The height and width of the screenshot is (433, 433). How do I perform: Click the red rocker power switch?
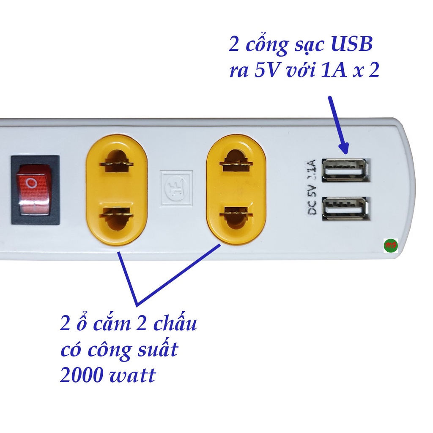pyautogui.click(x=33, y=190)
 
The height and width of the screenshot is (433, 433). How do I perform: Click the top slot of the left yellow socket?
pyautogui.click(x=117, y=163)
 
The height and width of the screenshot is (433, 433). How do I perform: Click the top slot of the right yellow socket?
pyautogui.click(x=236, y=162)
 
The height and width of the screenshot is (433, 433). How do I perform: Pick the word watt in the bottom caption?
pyautogui.click(x=134, y=375)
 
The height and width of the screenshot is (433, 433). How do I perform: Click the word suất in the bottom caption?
pyautogui.click(x=153, y=351)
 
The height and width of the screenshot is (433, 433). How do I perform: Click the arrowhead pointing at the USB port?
pyautogui.click(x=343, y=147)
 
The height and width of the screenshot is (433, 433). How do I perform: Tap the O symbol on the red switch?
pyautogui.click(x=31, y=183)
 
